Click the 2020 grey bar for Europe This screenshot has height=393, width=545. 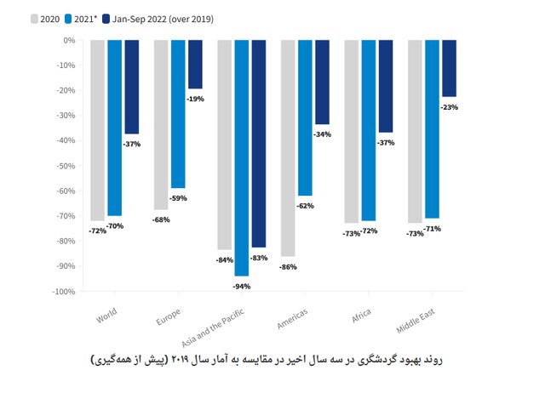pyautogui.click(x=161, y=124)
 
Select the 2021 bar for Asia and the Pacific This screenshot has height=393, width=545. pyautogui.click(x=242, y=157)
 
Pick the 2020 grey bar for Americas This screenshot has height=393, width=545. pyautogui.click(x=288, y=148)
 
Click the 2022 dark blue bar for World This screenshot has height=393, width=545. pyautogui.click(x=131, y=87)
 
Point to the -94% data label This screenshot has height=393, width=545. pyautogui.click(x=242, y=286)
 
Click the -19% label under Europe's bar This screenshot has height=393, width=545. pyautogui.click(x=195, y=99)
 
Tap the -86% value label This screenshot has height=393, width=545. pyautogui.click(x=288, y=267)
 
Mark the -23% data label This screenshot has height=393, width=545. pyautogui.click(x=449, y=107)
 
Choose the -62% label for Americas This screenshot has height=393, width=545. pyautogui.click(x=306, y=206)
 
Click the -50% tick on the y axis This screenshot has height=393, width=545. pyautogui.click(x=65, y=166)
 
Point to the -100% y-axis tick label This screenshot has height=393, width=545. pyautogui.click(x=62, y=292)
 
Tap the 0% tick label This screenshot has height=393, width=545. pyautogui.click(x=68, y=40)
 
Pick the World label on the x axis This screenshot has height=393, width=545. pyautogui.click(x=106, y=316)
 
